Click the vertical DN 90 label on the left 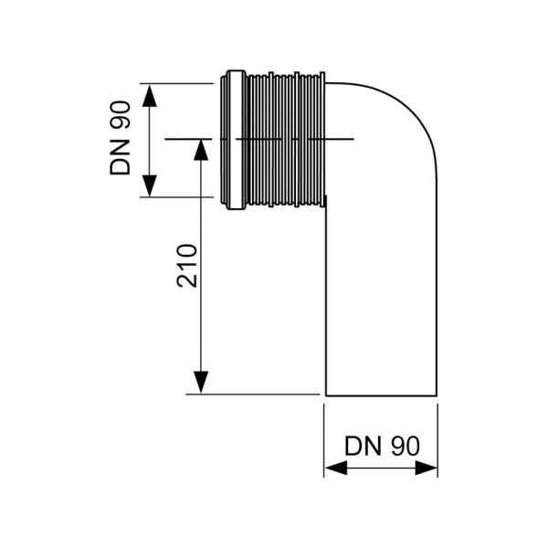point(121,139)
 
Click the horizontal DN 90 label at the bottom point(382,447)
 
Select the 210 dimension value point(185,266)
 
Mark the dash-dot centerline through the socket point(292,139)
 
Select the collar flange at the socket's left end point(232,139)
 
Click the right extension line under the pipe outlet point(437,438)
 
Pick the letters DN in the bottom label point(362,447)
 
